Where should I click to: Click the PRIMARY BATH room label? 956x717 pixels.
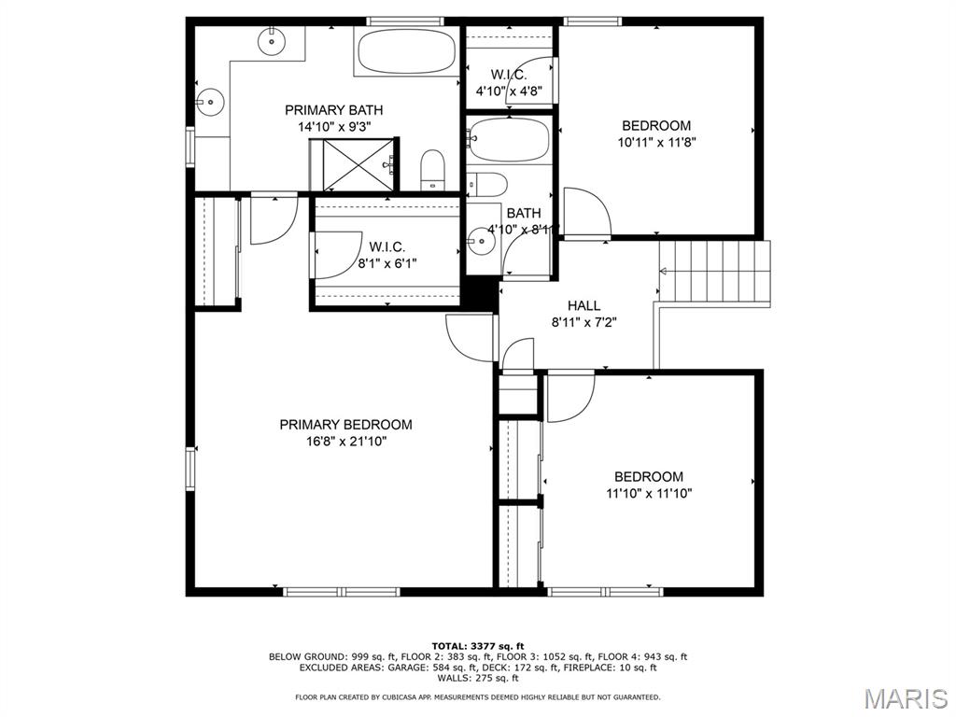(333, 110)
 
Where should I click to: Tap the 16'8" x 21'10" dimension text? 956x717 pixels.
(345, 442)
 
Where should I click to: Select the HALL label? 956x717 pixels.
(583, 305)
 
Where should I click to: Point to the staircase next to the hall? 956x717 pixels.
(715, 272)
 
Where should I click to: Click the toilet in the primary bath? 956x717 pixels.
(432, 169)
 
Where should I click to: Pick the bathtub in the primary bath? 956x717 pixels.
(406, 51)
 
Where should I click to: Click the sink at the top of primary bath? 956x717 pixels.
(272, 38)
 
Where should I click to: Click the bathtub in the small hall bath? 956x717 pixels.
(509, 141)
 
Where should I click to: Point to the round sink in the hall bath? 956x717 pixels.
(481, 241)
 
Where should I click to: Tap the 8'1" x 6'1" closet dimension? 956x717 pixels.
(387, 263)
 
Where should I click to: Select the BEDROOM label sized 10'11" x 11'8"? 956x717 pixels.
(656, 126)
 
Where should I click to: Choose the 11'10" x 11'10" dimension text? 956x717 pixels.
(649, 493)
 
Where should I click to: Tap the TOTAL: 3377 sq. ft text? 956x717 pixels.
(478, 645)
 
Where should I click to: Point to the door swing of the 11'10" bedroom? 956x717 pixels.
(569, 398)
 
